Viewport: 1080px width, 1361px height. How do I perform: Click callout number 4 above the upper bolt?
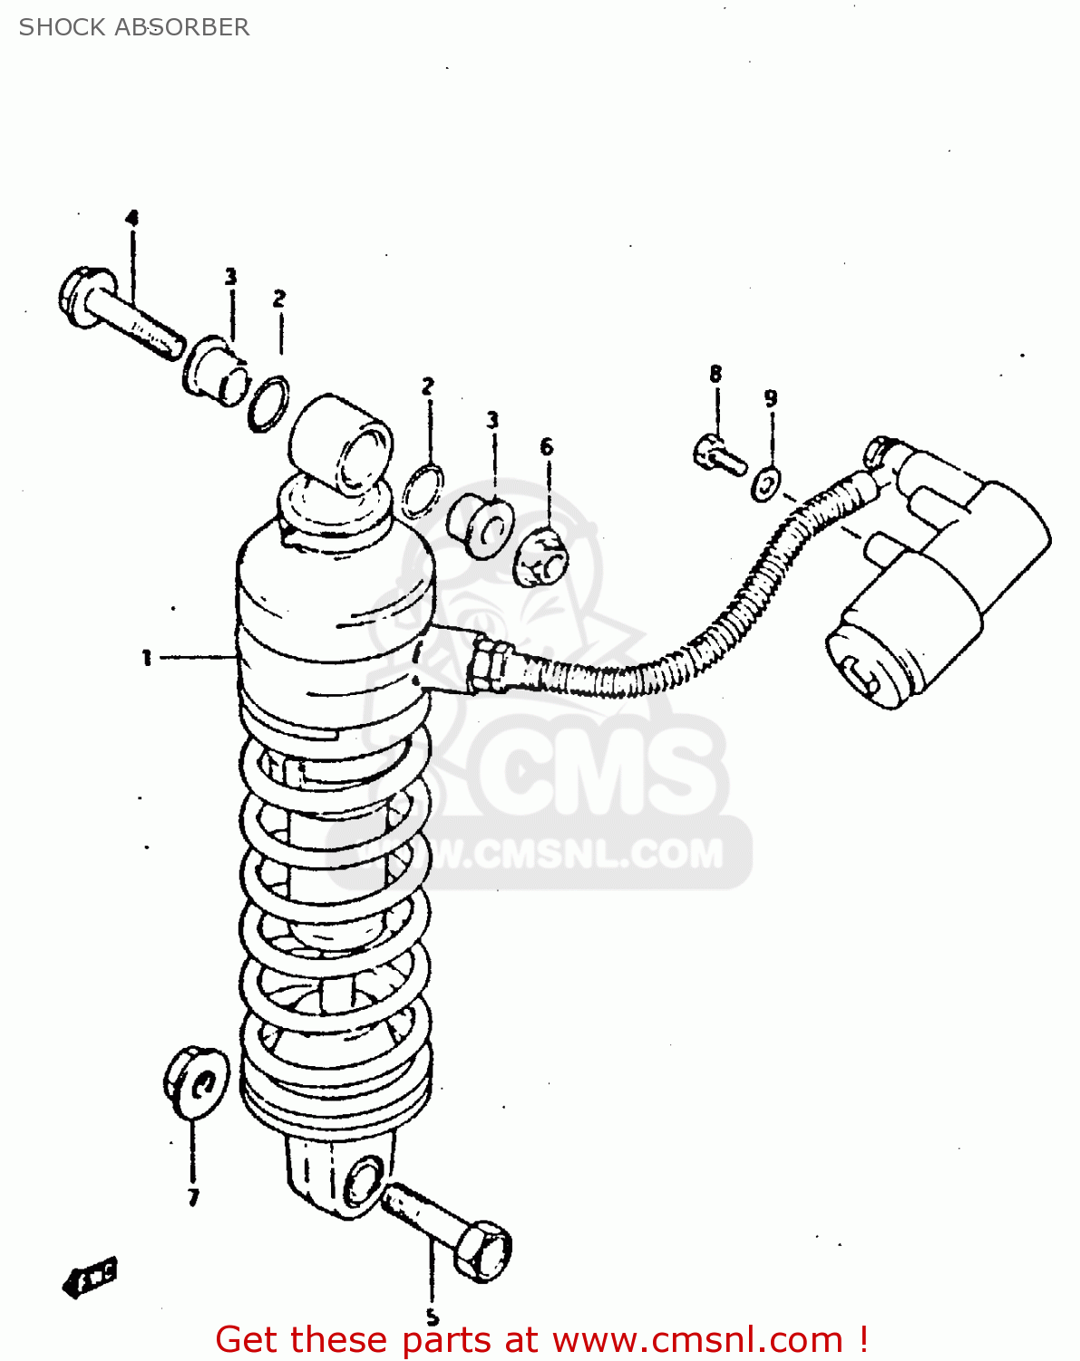pos(132,218)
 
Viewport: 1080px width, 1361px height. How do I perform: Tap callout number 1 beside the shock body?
pos(146,658)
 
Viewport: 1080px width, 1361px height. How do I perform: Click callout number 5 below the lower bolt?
pos(433,1317)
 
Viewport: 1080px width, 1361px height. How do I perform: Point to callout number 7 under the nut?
pos(193,1198)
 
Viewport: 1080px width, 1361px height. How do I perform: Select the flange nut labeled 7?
pos(194,1082)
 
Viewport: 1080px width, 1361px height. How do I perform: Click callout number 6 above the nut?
pos(547,446)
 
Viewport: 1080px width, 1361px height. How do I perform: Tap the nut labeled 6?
pos(541,556)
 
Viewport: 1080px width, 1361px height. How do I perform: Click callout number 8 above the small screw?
pos(715,373)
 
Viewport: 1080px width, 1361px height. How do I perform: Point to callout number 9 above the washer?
pos(770,397)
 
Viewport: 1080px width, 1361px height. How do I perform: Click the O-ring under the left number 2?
pos(268,403)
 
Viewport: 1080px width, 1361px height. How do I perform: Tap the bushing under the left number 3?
pos(217,369)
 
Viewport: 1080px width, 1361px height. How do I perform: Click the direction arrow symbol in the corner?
pos(91,1277)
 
